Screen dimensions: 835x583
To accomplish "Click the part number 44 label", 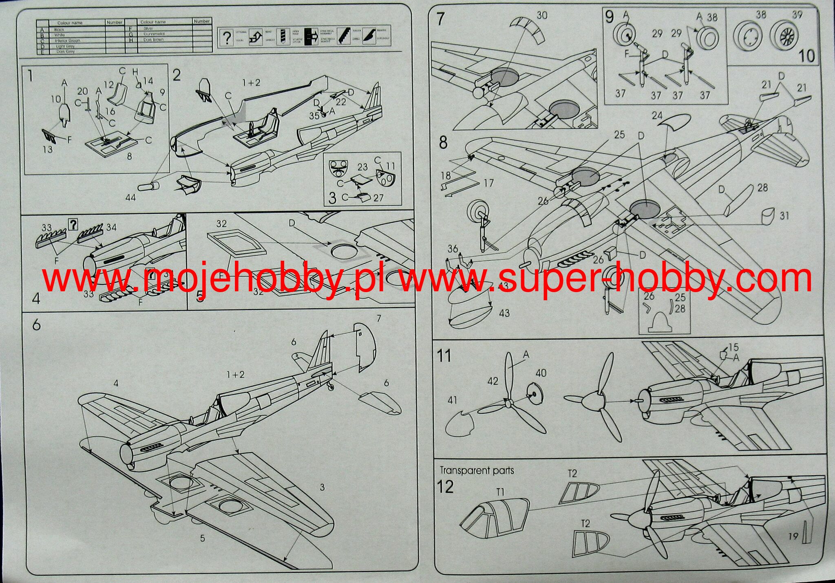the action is pyautogui.click(x=130, y=198).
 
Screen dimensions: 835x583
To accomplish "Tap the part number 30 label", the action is pyautogui.click(x=542, y=16).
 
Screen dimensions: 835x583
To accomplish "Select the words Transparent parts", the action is pyautogui.click(x=477, y=470).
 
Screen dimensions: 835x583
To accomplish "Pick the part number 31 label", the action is pyautogui.click(x=784, y=215).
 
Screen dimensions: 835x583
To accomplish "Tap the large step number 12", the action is pyautogui.click(x=445, y=487).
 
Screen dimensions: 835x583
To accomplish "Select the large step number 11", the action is pyautogui.click(x=444, y=356).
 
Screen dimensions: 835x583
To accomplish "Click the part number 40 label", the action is pyautogui.click(x=541, y=373).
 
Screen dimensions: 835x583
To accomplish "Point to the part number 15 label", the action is pyautogui.click(x=733, y=347).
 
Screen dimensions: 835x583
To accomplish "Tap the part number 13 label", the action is pyautogui.click(x=48, y=149).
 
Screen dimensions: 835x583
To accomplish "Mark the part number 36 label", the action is pyautogui.click(x=453, y=248).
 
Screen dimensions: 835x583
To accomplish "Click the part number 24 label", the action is pyautogui.click(x=657, y=115).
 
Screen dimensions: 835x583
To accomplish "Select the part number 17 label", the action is pyautogui.click(x=488, y=183).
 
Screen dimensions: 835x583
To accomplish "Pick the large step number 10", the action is pyautogui.click(x=806, y=56).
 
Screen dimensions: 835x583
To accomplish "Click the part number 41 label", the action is pyautogui.click(x=452, y=400).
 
